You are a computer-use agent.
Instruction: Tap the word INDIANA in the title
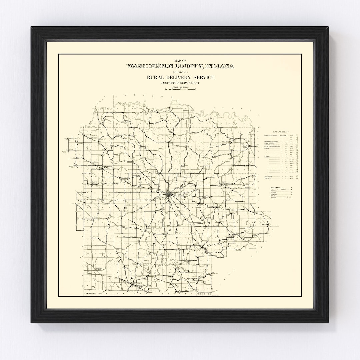(220, 66)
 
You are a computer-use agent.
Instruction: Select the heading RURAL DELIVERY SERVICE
(180, 78)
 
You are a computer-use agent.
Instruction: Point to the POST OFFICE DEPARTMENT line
(180, 83)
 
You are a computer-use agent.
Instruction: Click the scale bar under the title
(180, 89)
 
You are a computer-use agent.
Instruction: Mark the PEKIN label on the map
(200, 248)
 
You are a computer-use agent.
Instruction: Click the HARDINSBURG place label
(98, 269)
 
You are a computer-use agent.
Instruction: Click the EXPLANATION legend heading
(280, 132)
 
